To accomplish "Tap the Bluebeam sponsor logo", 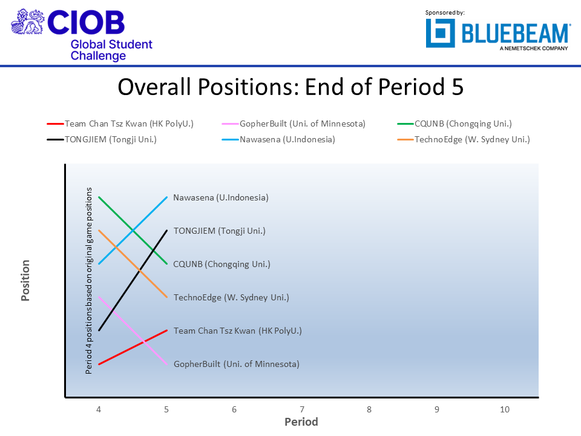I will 497,33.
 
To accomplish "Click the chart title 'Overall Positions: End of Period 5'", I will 290,87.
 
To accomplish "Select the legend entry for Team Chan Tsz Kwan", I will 128,124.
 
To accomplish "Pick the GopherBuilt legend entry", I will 303,124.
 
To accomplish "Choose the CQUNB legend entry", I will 463,124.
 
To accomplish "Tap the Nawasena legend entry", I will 287,140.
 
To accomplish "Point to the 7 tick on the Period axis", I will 301,410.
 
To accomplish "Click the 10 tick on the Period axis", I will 504,410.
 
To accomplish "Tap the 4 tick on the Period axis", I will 99,410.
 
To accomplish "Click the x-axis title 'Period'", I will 301,421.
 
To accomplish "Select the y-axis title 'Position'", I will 26,280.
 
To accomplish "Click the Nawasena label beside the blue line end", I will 220,197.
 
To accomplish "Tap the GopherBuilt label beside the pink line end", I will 236,364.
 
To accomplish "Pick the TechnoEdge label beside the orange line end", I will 231,297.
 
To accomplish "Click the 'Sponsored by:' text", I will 445,12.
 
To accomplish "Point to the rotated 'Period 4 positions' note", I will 89,280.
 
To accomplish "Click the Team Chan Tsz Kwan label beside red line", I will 237,331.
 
